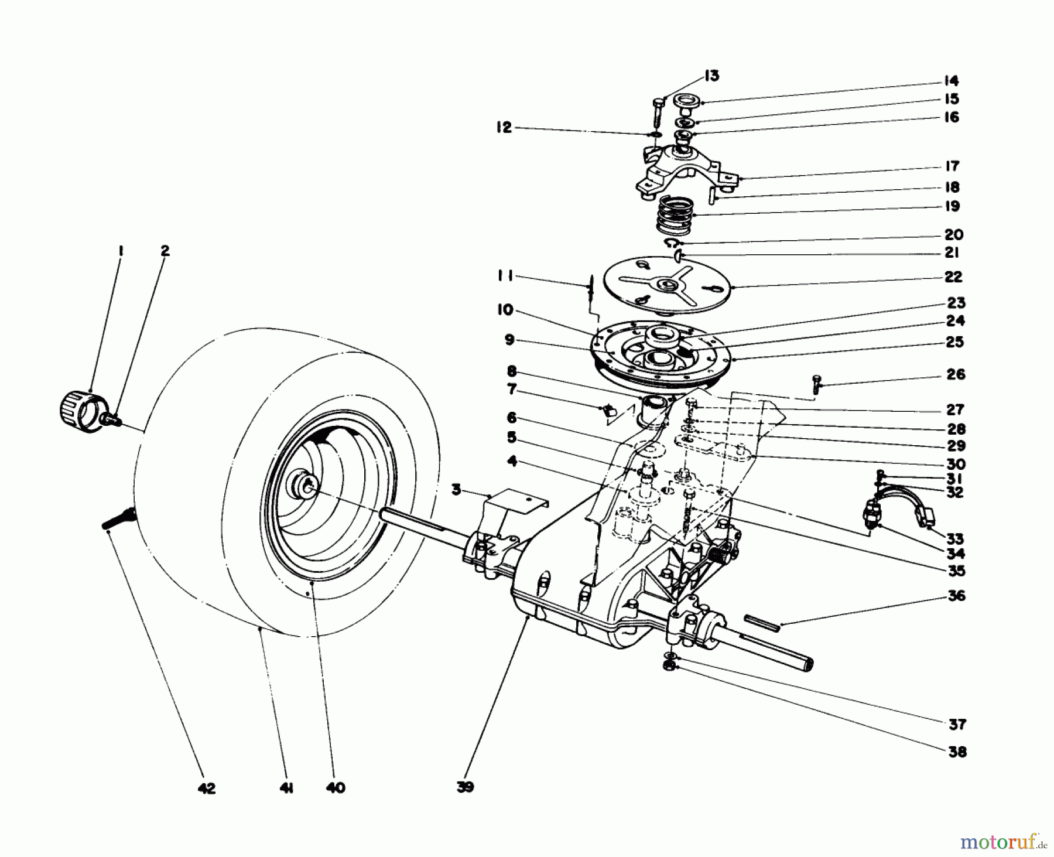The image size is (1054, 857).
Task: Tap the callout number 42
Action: (x=206, y=788)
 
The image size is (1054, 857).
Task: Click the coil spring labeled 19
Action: (x=676, y=215)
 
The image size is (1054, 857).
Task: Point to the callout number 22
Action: (x=953, y=276)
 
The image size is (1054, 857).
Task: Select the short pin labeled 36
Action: (x=762, y=622)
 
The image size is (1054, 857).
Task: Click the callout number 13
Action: (x=711, y=76)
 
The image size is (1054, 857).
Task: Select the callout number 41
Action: (x=286, y=788)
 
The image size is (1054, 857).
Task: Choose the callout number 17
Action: (x=952, y=166)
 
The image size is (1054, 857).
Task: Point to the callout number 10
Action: (x=505, y=310)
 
